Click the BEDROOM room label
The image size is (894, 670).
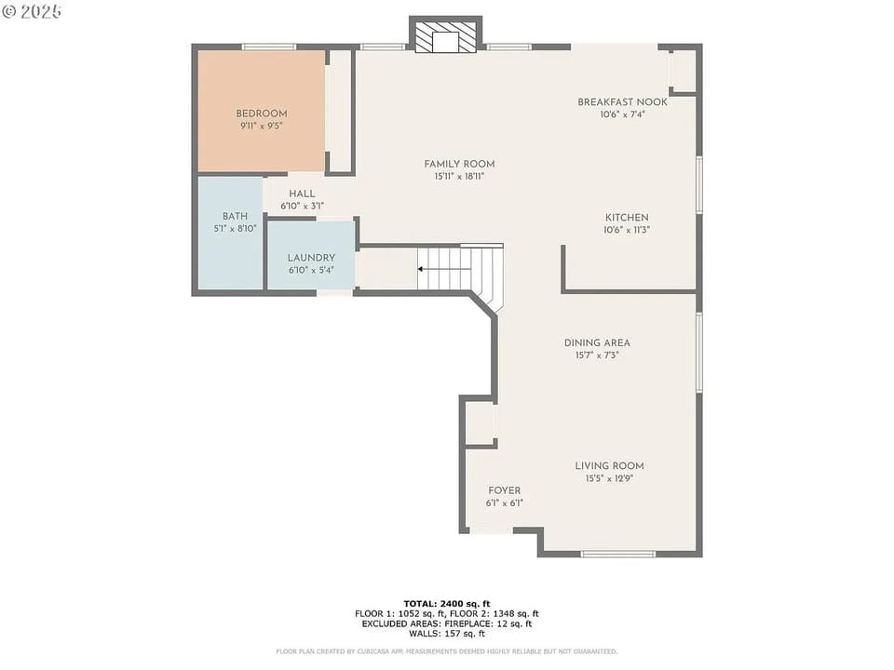click(x=261, y=114)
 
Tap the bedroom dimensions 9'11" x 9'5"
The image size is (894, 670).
click(x=261, y=126)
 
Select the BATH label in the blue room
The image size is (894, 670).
click(x=234, y=216)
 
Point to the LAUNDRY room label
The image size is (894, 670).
click(x=311, y=258)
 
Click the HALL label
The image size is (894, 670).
click(x=302, y=194)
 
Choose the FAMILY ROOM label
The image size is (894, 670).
click(x=459, y=164)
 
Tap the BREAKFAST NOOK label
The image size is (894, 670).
click(x=623, y=102)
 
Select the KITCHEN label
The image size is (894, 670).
click(x=626, y=218)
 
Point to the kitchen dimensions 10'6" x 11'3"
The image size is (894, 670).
click(x=626, y=230)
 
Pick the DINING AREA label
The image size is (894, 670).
click(x=597, y=342)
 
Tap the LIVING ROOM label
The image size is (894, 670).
click(x=609, y=466)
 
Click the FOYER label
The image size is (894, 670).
click(x=504, y=490)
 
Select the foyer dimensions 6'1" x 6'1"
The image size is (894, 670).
click(x=504, y=502)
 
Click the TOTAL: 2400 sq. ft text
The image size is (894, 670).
click(x=446, y=603)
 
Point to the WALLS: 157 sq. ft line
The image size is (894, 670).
click(x=446, y=634)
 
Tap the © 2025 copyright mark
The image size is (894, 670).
click(x=32, y=11)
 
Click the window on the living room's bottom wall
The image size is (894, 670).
click(x=617, y=554)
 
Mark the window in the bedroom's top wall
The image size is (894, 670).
click(x=268, y=47)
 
